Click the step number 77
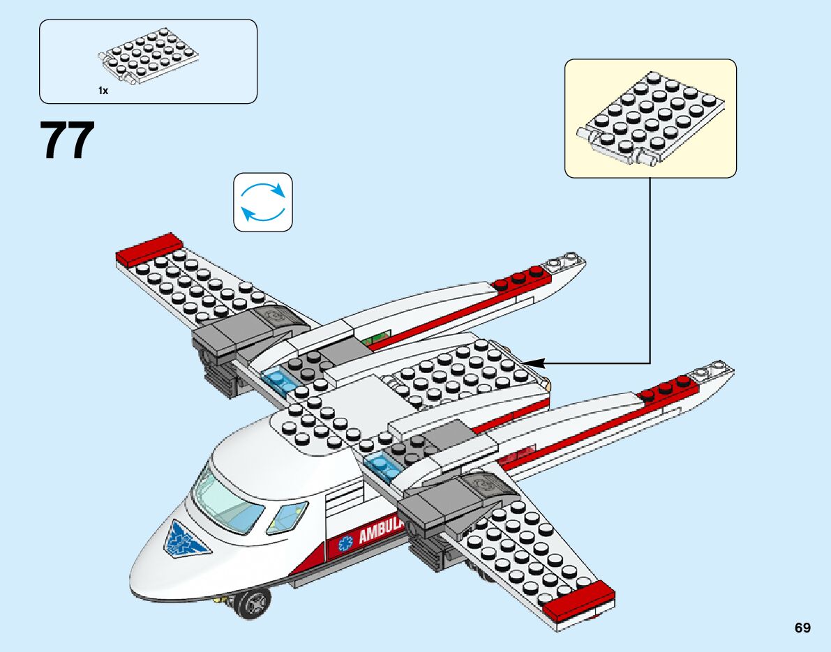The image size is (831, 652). (68, 142)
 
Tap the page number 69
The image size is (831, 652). (802, 628)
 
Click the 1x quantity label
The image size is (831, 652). (103, 91)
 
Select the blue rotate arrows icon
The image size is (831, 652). (263, 202)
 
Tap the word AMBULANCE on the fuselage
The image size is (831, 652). (381, 533)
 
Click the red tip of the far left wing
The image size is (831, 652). (149, 248)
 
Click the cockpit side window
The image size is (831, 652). (287, 517)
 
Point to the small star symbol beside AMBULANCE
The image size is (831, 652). (343, 543)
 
